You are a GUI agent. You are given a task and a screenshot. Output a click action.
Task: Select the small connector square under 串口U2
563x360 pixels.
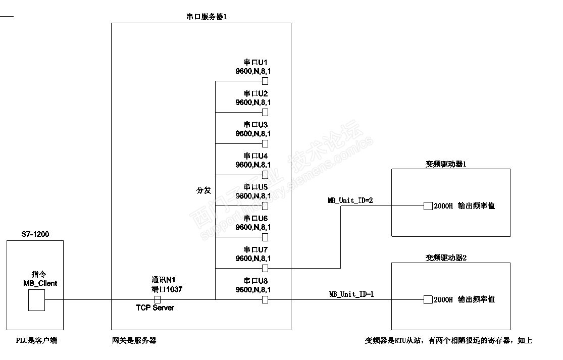(265, 112)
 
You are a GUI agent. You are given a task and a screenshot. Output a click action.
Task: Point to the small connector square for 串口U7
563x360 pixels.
(265, 268)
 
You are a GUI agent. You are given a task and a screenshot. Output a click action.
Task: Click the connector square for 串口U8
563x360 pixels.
(265, 299)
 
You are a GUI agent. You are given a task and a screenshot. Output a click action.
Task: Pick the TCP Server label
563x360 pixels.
(155, 307)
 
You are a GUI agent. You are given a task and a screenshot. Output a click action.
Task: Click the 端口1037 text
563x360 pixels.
(167, 289)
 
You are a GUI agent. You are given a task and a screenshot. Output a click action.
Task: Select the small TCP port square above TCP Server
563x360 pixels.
(158, 299)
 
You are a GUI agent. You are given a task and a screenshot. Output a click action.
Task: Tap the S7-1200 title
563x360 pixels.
(35, 234)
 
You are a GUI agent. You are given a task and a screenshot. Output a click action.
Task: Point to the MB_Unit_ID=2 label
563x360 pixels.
(350, 200)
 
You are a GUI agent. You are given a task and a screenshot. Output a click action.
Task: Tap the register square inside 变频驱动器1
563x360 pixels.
(428, 206)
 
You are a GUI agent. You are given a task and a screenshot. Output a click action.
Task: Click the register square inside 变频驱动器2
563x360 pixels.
(428, 299)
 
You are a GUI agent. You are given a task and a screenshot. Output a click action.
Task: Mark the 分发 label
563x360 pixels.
(203, 190)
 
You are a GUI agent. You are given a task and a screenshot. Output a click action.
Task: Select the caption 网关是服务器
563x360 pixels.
(134, 341)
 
